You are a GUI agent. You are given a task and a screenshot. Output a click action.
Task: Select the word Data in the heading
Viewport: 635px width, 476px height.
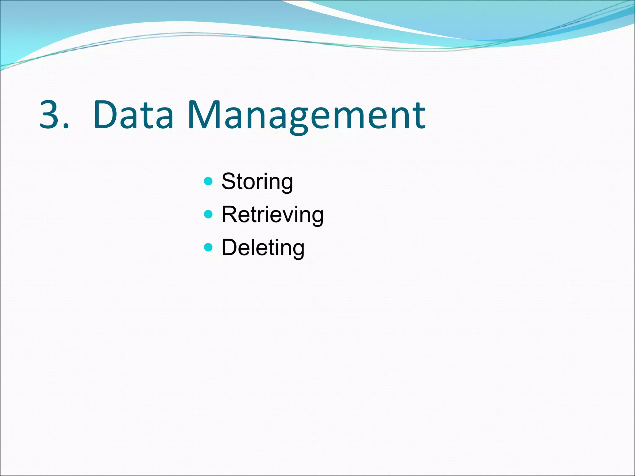133,114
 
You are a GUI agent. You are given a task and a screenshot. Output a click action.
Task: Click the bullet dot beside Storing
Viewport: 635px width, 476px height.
209,181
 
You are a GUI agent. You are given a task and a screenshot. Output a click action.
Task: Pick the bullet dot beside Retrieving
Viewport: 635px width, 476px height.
209,214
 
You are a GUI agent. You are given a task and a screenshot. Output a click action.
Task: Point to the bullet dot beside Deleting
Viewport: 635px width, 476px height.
209,247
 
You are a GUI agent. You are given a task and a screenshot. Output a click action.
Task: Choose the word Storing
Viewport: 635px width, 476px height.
257,182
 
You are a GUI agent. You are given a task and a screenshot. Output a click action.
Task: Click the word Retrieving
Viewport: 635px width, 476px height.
273,215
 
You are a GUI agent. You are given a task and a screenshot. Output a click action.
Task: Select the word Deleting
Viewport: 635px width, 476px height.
263,248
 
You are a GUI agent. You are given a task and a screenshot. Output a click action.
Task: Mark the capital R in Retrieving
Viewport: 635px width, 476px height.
229,214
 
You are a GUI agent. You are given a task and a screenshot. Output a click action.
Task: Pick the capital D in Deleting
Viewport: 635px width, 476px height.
229,247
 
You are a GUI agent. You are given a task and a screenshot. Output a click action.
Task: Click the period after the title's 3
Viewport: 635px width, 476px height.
65,125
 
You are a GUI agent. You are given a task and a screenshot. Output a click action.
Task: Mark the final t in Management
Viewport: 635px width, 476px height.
420,116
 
